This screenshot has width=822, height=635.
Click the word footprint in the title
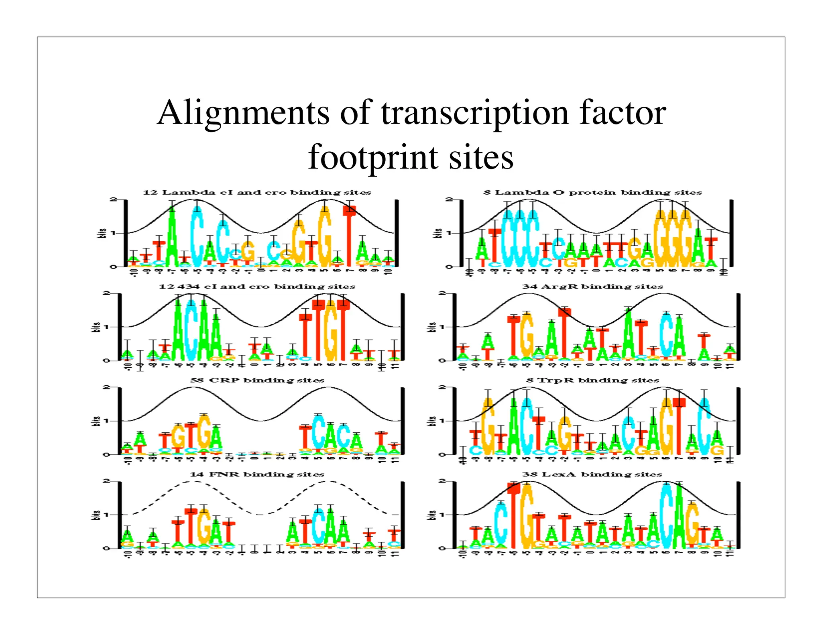(373, 158)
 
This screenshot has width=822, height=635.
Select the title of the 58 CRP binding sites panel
(257, 380)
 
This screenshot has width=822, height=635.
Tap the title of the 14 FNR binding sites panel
(257, 474)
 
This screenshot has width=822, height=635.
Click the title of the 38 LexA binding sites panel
(592, 474)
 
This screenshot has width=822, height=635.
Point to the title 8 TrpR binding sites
(592, 380)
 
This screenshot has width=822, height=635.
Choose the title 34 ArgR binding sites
(592, 287)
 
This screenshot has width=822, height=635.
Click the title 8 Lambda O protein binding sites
(592, 193)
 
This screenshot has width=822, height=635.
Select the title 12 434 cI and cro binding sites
(257, 287)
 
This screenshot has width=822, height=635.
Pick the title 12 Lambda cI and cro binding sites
(257, 193)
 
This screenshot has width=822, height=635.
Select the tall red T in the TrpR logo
(679, 425)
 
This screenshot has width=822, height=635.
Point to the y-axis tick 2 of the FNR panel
(106, 481)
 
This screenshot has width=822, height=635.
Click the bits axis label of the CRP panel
(96, 421)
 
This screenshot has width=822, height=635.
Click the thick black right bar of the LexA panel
(738, 515)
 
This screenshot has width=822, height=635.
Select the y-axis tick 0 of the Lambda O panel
(449, 267)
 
